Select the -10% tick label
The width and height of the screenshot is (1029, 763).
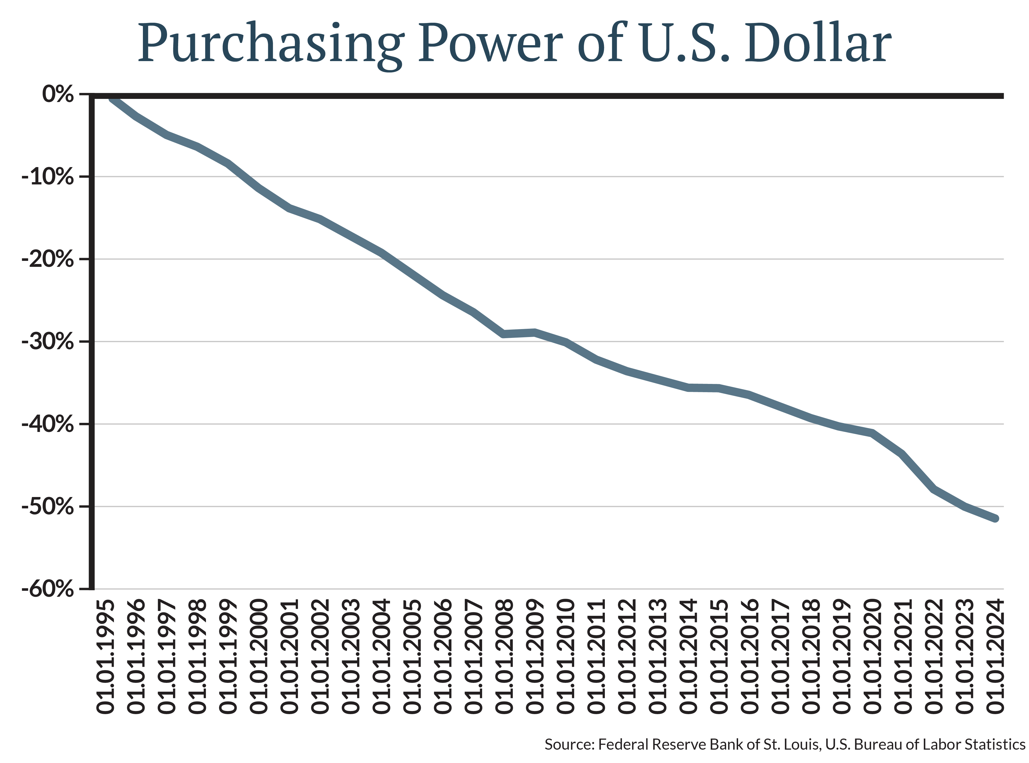[x=47, y=177]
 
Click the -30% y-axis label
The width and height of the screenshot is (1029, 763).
[x=47, y=342]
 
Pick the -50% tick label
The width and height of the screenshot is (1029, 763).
[x=47, y=507]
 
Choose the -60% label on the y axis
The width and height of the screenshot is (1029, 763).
[x=47, y=590]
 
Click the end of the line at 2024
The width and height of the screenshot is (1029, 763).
[x=996, y=519]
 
